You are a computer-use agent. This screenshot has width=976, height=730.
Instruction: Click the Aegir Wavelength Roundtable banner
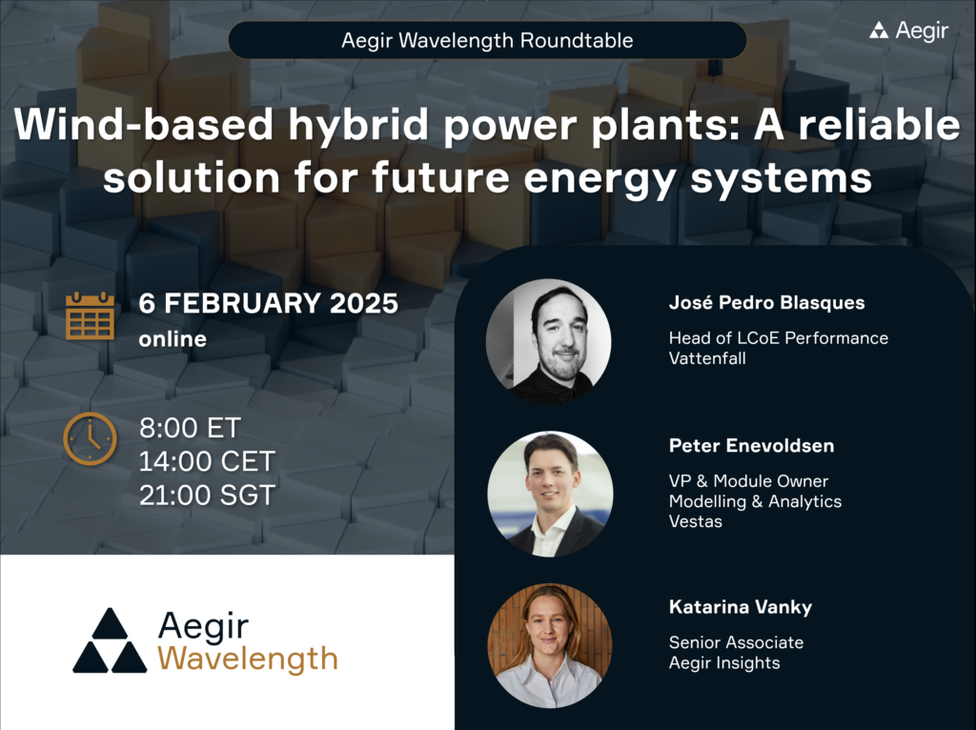(487, 41)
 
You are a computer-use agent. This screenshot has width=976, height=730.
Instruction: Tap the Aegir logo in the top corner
(908, 30)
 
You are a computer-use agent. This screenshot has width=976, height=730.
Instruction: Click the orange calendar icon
(90, 316)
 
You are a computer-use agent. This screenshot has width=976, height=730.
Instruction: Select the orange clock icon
(90, 439)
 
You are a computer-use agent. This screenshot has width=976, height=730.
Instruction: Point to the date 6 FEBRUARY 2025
(268, 305)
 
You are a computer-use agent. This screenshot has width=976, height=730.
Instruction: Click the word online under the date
(173, 338)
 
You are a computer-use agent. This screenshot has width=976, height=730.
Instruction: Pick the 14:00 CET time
(207, 462)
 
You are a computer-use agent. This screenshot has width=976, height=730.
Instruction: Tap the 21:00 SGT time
(207, 496)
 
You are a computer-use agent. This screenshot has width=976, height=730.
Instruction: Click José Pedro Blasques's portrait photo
(548, 341)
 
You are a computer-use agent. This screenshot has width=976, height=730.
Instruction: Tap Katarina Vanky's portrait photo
(549, 645)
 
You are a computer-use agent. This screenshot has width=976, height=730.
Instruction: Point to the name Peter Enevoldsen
(750, 445)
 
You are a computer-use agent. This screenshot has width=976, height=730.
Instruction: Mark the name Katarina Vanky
(740, 607)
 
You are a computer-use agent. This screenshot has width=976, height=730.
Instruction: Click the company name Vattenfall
(706, 357)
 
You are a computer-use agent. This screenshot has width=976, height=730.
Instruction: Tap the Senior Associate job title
(736, 642)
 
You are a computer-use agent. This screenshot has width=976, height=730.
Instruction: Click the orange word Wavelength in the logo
(247, 658)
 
